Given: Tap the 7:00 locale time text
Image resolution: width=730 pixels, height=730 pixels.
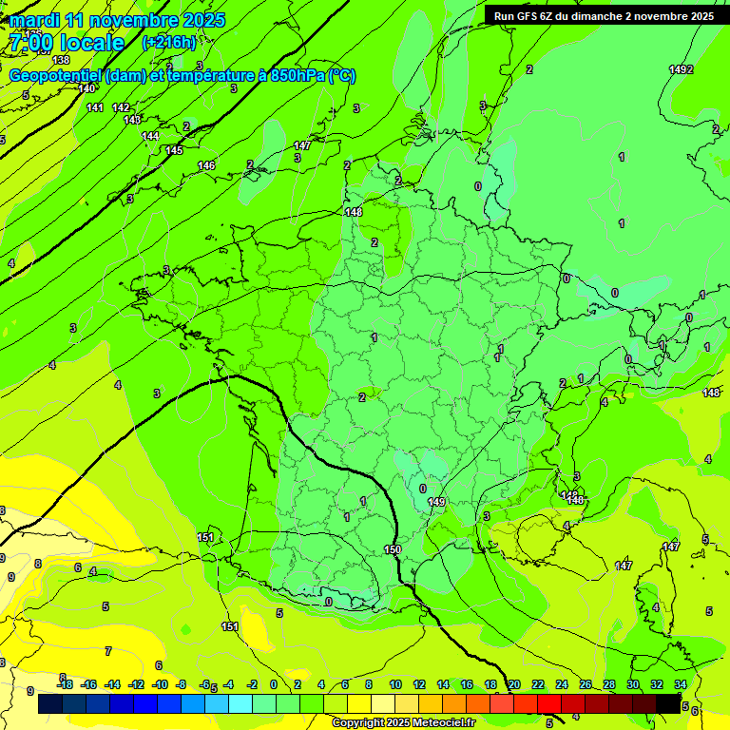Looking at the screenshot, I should (67, 43).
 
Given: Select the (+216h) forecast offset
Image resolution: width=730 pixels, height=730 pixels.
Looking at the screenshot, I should (169, 42).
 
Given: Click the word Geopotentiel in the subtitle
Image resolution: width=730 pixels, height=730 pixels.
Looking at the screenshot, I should (54, 76).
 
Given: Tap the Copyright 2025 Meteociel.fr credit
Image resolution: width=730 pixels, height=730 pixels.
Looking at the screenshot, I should (403, 722).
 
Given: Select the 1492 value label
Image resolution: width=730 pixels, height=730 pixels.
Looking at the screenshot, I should (681, 69).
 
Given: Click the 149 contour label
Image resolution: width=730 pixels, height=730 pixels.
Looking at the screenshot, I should (436, 502).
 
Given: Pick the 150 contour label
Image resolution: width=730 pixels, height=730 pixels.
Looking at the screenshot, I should (393, 549).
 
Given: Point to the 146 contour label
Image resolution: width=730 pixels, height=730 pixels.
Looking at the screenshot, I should (206, 165).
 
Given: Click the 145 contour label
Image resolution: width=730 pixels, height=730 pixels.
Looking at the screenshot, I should (174, 150).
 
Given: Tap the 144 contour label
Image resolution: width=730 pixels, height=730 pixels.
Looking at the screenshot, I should (150, 136).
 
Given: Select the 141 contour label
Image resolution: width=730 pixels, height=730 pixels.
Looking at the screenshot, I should (95, 107).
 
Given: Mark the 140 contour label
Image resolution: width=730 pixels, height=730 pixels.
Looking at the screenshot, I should (86, 88).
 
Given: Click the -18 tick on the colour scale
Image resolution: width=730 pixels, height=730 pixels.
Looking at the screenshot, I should (65, 684).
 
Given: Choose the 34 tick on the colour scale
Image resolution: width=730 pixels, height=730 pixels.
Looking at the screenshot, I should (681, 684).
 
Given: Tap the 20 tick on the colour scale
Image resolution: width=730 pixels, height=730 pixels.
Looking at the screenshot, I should (513, 684).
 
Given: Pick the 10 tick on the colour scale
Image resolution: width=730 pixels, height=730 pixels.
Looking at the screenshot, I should (394, 684).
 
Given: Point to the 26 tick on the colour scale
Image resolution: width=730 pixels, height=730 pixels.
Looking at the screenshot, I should (586, 684).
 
